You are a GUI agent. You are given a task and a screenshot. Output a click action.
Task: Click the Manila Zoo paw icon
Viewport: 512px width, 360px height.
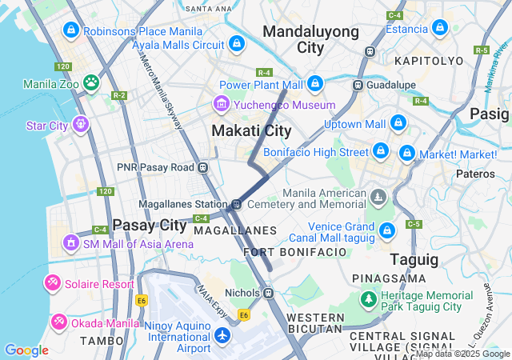pos(92,82)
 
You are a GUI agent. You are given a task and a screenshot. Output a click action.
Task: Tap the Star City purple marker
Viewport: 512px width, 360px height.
pos(80,124)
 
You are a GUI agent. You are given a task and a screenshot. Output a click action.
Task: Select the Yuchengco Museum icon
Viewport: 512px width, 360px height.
pos(221,104)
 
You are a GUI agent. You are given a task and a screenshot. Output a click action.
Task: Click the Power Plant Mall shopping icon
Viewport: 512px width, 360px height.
pos(315,83)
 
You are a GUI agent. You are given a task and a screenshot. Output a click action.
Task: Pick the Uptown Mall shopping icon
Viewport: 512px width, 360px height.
pos(398,123)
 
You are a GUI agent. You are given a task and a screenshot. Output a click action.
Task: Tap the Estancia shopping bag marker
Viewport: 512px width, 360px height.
pos(439,28)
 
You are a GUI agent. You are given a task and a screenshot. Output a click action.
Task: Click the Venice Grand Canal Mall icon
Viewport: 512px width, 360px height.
pos(387,230)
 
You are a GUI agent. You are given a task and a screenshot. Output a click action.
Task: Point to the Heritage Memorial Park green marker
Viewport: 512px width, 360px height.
pos(369,299)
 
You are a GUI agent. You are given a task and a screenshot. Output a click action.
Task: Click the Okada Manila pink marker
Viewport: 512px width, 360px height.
pos(59,322)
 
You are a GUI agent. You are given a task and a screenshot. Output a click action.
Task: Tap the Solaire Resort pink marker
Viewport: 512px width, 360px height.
pos(53,283)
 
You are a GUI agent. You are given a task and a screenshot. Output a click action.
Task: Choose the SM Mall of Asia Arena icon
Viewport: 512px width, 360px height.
pos(71,242)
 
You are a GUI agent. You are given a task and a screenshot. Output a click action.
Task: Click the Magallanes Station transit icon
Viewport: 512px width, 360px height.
pos(237,203)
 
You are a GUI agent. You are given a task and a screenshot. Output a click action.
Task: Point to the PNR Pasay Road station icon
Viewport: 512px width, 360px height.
pos(203,167)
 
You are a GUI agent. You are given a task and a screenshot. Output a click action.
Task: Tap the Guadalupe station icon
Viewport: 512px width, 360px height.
pos(359,85)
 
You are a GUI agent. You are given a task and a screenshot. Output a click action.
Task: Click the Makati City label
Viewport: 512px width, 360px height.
pos(251,130)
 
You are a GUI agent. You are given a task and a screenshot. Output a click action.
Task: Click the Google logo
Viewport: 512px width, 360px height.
pos(26,350)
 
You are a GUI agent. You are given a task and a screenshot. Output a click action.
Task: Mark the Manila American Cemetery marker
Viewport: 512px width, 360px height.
pos(379,197)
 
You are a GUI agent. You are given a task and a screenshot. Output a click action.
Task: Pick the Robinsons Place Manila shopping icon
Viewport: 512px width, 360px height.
pos(71,30)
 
